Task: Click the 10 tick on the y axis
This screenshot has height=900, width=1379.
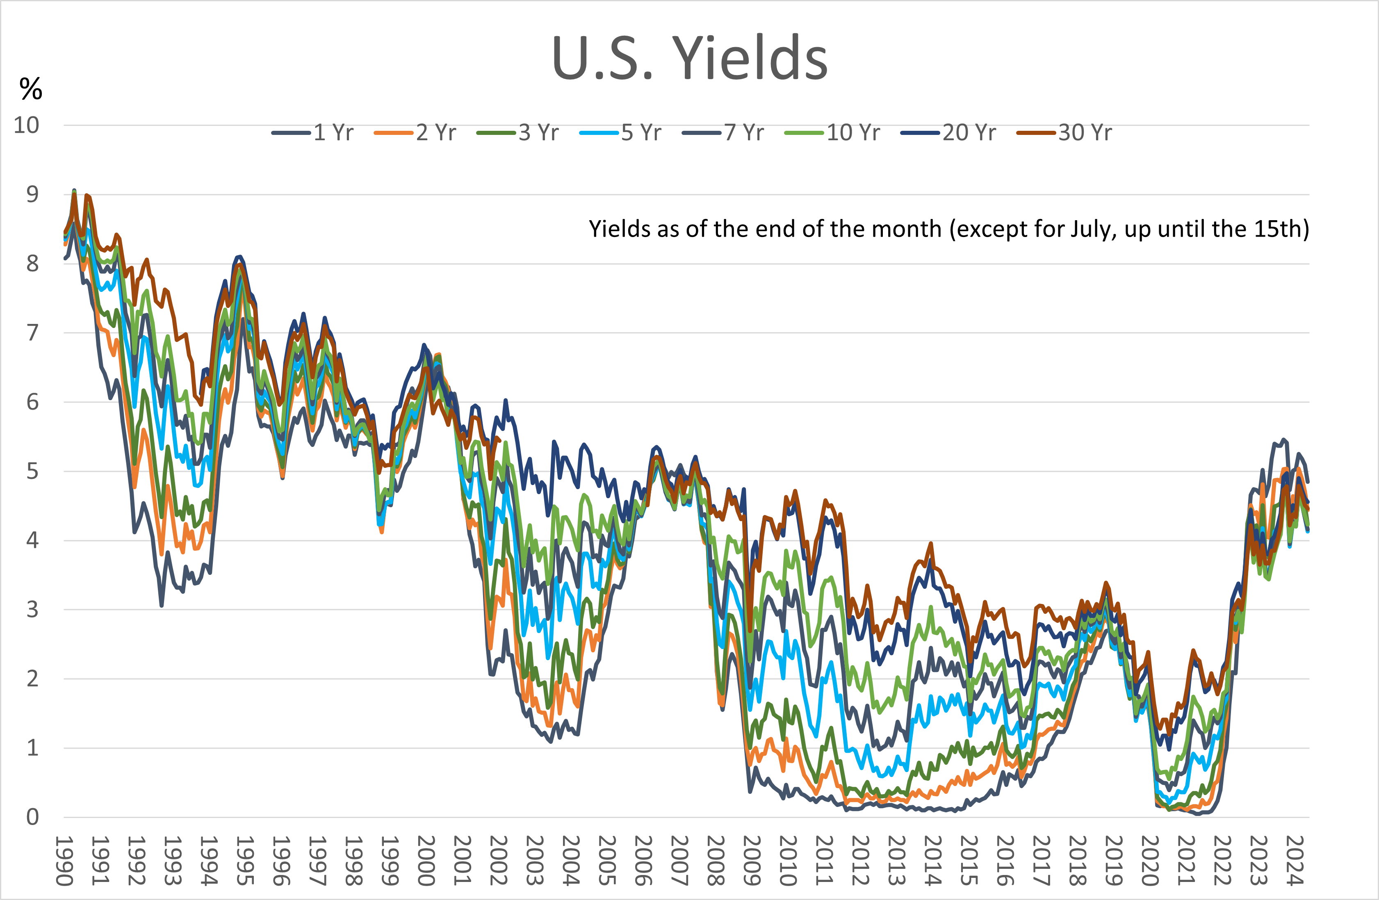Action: [27, 125]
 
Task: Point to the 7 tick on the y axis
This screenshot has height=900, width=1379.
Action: [32, 333]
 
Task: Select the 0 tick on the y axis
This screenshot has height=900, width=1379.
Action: [32, 817]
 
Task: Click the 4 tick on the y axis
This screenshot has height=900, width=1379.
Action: [32, 540]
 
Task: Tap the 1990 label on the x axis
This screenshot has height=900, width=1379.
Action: [64, 861]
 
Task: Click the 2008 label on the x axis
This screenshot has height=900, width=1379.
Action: [716, 861]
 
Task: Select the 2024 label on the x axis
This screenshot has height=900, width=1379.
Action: [1295, 861]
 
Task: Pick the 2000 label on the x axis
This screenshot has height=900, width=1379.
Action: [426, 861]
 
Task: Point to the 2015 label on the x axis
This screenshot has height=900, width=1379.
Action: [969, 861]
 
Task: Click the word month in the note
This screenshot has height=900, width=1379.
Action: [909, 229]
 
